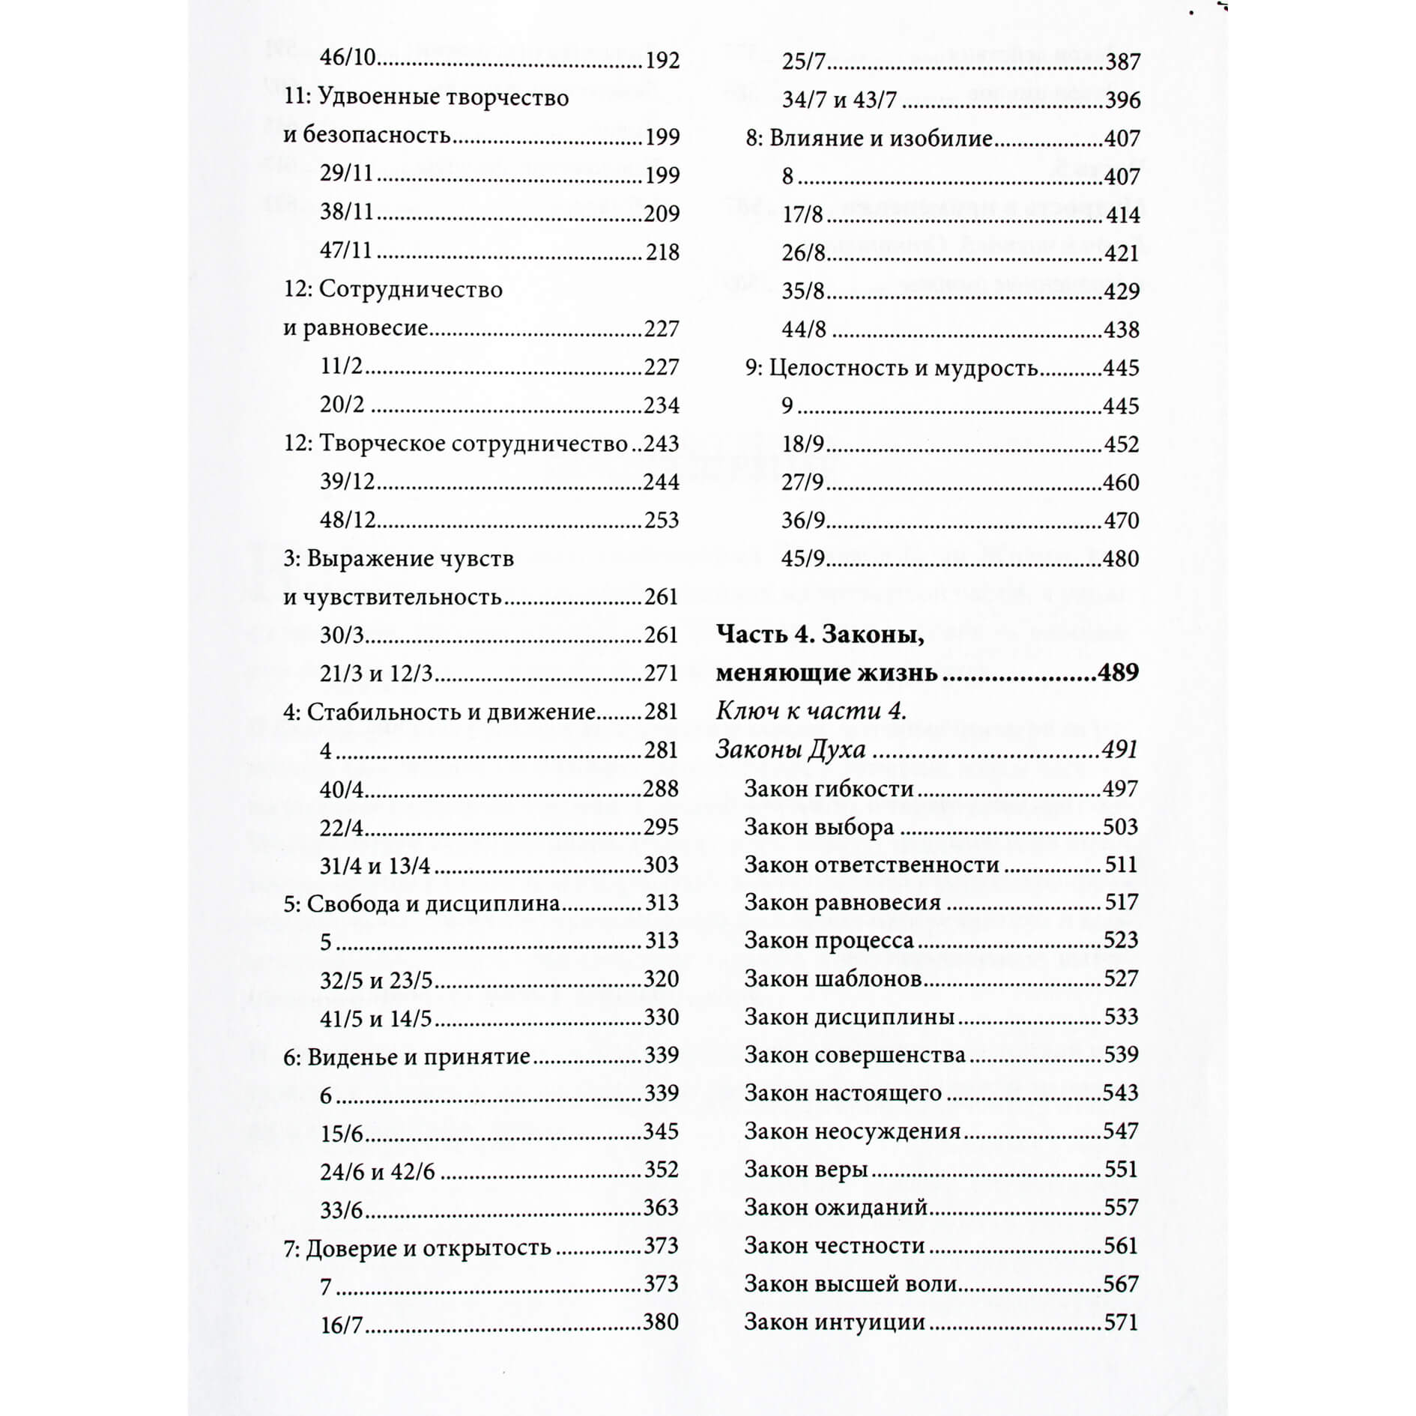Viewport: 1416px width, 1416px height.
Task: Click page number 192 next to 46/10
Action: click(x=662, y=60)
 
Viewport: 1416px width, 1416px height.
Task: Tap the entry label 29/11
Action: click(x=346, y=174)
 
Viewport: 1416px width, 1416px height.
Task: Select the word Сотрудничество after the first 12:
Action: click(x=411, y=289)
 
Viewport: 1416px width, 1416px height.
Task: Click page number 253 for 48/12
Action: click(x=662, y=520)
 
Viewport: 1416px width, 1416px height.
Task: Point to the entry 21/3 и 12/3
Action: click(x=376, y=674)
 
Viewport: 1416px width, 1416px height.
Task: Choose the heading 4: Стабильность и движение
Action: click(x=439, y=712)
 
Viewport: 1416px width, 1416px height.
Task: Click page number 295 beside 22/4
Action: click(x=661, y=827)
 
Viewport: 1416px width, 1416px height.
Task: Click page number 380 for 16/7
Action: click(x=661, y=1322)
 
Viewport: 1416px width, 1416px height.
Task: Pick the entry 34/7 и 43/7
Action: click(x=839, y=100)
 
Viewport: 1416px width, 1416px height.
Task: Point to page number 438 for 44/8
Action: click(x=1122, y=330)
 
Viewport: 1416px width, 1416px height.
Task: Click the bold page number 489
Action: click(x=1118, y=673)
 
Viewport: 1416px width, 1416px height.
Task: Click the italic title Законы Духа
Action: click(x=790, y=749)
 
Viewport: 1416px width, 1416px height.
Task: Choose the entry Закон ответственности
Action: click(x=871, y=865)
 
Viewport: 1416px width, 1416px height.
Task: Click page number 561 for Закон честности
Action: click(x=1121, y=1246)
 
